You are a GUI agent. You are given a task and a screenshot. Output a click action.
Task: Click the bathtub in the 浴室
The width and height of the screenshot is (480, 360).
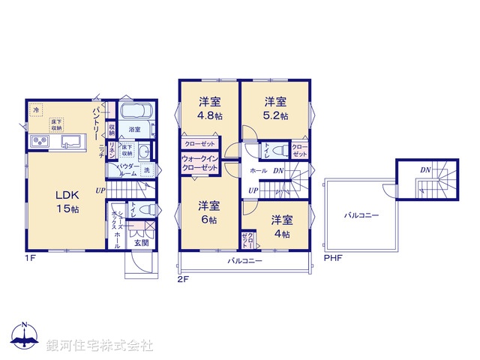click(x=136, y=113)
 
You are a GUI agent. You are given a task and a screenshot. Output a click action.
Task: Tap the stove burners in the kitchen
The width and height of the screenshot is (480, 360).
click(x=39, y=142)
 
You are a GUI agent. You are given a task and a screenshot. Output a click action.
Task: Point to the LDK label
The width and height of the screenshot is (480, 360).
click(x=65, y=195)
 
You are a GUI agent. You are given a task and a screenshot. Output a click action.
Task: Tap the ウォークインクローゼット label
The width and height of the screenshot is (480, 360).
click(x=199, y=163)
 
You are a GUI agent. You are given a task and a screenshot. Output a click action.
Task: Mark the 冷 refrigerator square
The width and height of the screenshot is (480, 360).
click(x=36, y=110)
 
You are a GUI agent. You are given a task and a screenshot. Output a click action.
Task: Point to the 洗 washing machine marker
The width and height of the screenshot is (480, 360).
click(x=146, y=169)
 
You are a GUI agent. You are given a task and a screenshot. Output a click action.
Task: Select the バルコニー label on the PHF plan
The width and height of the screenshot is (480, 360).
click(x=361, y=215)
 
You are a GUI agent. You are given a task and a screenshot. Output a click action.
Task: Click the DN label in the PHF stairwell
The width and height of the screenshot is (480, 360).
click(x=424, y=170)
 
